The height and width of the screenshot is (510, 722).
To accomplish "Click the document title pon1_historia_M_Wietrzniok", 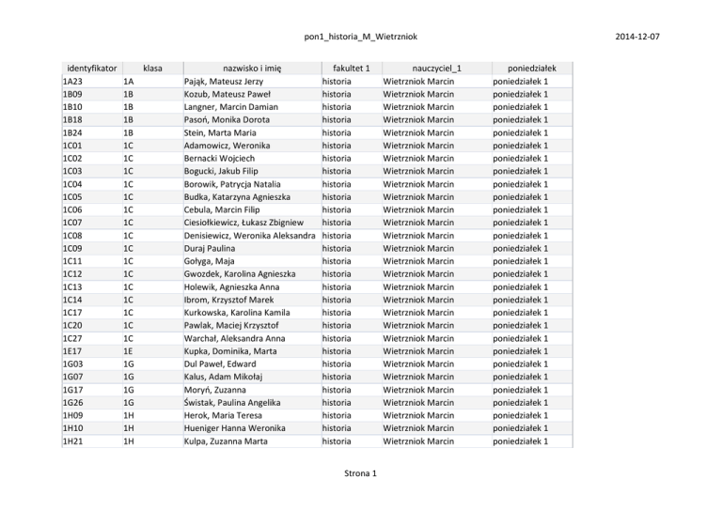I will click(361, 37).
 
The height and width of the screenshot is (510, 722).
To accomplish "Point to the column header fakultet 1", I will click(345, 69).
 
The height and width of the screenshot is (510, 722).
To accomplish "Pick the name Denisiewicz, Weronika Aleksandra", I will click(249, 236).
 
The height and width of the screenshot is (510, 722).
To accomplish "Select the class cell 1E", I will click(128, 351).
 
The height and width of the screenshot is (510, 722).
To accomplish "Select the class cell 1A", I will click(128, 82).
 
